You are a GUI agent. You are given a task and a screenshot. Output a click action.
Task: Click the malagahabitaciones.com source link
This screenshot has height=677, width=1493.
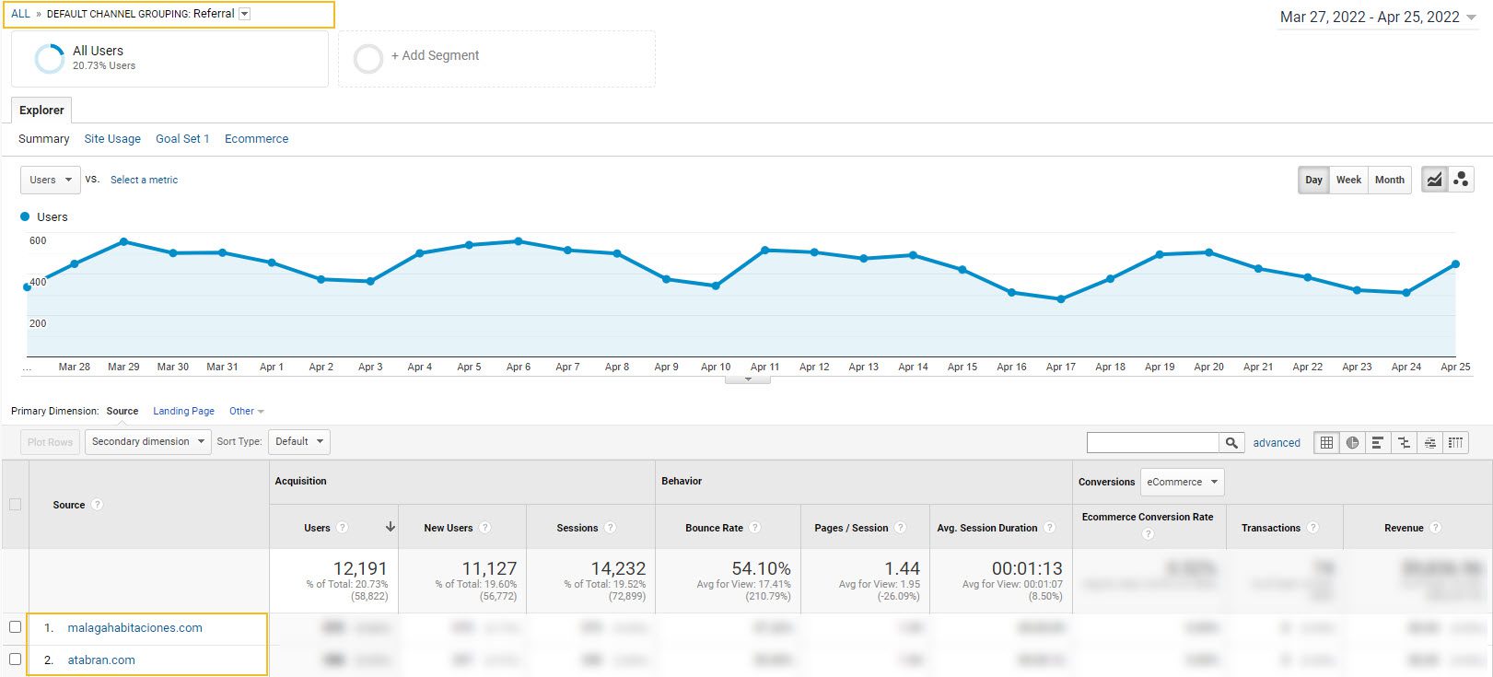click(134, 628)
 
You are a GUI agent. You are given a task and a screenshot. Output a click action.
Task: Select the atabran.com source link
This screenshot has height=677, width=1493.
click(101, 660)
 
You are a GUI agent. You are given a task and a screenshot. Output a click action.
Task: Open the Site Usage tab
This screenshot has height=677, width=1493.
click(112, 139)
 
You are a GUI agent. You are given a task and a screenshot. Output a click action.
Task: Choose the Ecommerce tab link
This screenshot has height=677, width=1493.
click(256, 139)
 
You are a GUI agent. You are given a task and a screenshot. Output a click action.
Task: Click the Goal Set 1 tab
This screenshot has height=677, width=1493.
click(182, 139)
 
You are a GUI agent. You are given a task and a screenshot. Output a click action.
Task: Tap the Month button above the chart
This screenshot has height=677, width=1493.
click(1389, 180)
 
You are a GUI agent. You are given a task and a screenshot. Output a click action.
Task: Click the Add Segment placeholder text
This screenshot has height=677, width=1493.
click(435, 55)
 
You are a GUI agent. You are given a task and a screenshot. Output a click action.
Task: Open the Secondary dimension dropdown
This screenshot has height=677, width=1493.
click(147, 442)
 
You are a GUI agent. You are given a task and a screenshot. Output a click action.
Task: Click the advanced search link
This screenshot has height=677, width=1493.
click(1277, 443)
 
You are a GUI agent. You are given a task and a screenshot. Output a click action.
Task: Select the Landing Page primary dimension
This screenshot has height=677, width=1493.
click(183, 412)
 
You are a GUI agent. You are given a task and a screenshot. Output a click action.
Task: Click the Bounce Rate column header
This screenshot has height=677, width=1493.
click(714, 528)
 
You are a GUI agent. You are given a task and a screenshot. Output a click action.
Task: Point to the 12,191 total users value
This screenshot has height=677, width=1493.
click(360, 569)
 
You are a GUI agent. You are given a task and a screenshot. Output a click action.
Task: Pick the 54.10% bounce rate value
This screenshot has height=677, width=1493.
click(761, 569)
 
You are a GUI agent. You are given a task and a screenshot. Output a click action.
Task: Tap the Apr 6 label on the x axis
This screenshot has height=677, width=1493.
click(519, 367)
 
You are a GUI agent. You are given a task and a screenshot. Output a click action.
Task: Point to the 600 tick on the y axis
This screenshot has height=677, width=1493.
click(38, 240)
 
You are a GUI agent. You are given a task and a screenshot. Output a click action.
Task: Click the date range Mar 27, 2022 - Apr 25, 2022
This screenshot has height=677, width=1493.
click(1370, 17)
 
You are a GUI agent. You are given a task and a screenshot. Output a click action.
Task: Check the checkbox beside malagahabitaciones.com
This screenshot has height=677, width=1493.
click(15, 627)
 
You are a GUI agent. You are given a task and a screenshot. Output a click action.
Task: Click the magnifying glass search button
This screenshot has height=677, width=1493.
click(1231, 443)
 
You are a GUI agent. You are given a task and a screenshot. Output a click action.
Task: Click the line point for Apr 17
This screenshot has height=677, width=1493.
click(1061, 299)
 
